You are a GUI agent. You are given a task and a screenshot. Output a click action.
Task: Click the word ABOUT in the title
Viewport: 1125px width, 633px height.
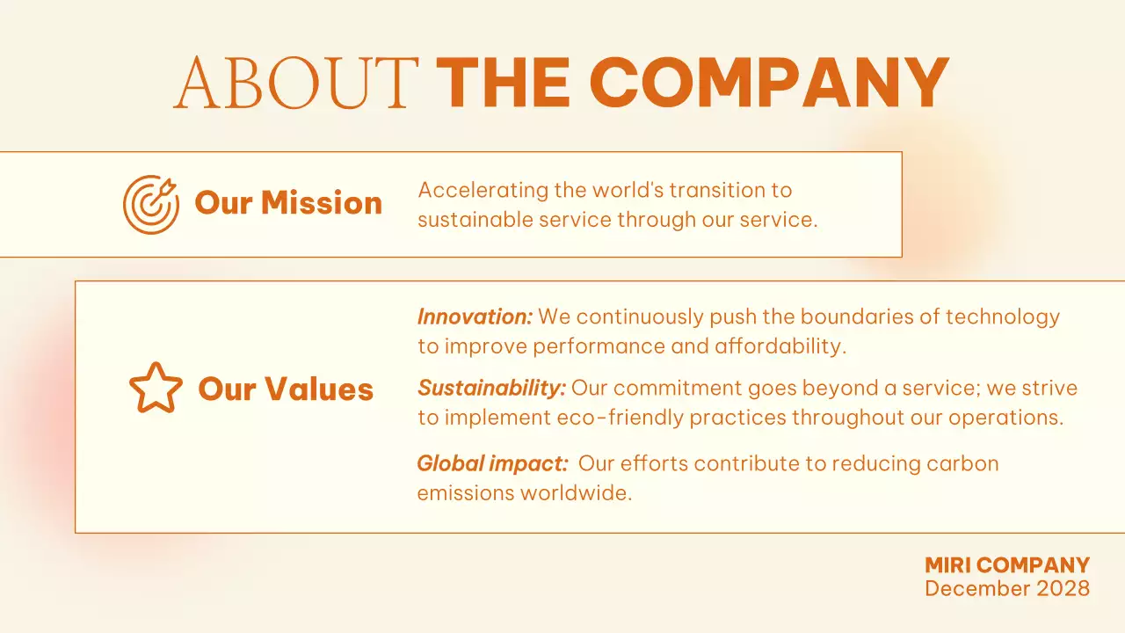coord(295,83)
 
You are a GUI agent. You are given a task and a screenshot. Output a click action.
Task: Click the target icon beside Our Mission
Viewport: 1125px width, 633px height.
coord(150,204)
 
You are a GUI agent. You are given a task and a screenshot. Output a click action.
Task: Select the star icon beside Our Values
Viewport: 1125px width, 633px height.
coord(156,389)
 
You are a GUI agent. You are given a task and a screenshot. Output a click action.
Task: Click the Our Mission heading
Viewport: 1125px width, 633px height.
coord(288,203)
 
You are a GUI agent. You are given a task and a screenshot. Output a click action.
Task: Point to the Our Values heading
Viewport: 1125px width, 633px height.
coord(286,389)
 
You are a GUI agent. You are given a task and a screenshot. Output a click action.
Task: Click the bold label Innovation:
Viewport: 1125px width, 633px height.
coord(475,316)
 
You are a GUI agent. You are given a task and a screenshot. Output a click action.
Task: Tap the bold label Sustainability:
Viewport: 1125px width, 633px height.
coord(491,388)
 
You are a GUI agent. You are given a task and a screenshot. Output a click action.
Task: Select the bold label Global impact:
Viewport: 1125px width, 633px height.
coord(492,463)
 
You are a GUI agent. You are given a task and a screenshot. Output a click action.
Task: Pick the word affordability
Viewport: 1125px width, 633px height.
coord(780,346)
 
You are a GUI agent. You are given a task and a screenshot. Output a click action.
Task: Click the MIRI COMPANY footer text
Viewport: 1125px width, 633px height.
coord(1007,565)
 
